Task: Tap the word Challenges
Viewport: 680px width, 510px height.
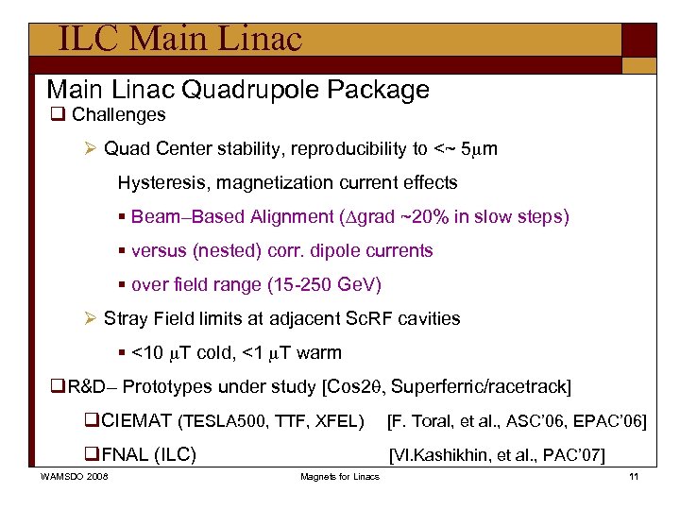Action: (x=118, y=115)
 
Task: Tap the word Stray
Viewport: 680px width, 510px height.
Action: (x=126, y=318)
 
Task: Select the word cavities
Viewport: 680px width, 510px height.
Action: (x=426, y=318)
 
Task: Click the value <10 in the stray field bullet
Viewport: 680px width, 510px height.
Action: (x=150, y=352)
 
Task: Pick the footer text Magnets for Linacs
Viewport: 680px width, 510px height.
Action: (x=340, y=476)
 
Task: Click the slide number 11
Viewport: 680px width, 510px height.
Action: (x=634, y=476)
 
